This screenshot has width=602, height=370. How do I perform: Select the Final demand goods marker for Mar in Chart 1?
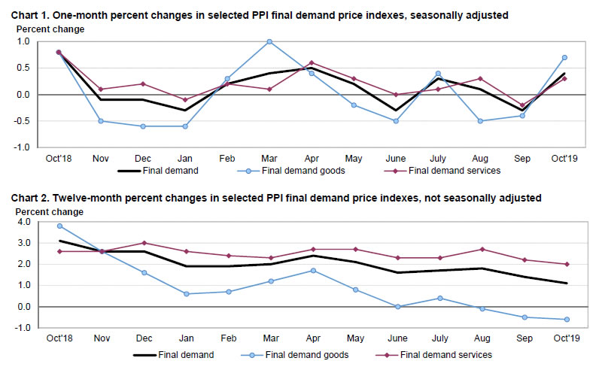click(x=269, y=42)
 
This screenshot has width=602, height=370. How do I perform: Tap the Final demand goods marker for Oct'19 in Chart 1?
click(x=564, y=58)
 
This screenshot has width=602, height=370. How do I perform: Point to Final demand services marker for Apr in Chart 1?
click(x=312, y=63)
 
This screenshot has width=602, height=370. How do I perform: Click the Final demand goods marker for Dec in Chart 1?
click(x=143, y=126)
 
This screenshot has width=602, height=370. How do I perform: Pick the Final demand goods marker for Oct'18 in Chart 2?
click(x=59, y=226)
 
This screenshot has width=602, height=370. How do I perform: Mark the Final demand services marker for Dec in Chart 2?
click(x=143, y=243)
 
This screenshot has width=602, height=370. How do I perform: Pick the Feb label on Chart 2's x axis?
click(x=227, y=338)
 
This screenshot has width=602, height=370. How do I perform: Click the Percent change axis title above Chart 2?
click(x=46, y=211)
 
